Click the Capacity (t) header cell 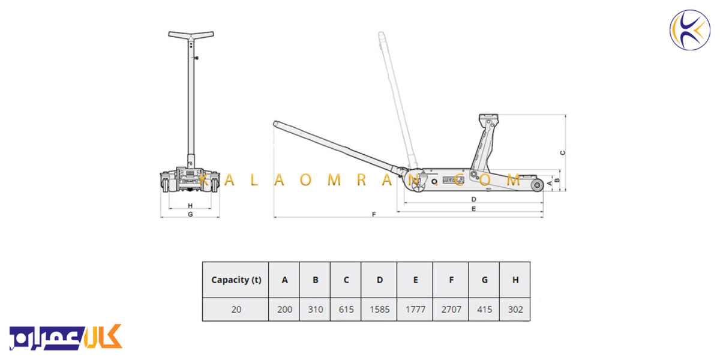tap(236, 280)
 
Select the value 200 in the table tap(284, 310)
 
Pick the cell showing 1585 tap(379, 310)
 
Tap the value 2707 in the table tap(451, 310)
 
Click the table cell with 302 tap(515, 310)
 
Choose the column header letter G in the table tap(484, 280)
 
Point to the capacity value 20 tap(236, 310)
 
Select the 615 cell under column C tap(346, 310)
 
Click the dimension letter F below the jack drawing tap(373, 214)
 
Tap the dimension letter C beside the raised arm tap(563, 152)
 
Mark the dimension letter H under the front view tap(190, 206)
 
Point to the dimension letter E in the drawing tap(473, 209)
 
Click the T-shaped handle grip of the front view tap(191, 35)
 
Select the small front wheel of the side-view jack tap(537, 185)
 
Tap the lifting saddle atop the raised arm tap(488, 117)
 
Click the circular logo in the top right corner tap(690, 30)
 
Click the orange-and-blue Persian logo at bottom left tap(66, 337)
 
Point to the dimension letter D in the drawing tap(473, 199)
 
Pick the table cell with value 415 tap(484, 310)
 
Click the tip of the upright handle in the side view tap(381, 34)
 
